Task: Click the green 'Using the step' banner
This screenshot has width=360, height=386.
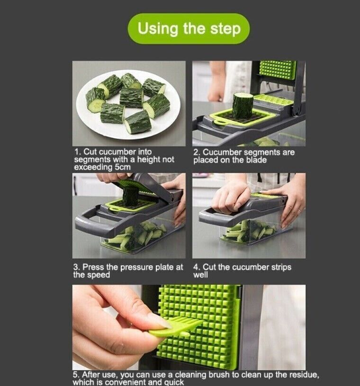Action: pyautogui.click(x=189, y=29)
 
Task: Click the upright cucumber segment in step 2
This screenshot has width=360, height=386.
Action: pyautogui.click(x=243, y=105)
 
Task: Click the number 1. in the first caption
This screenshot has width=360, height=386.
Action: pyautogui.click(x=78, y=152)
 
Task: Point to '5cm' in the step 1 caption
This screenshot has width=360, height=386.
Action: pyautogui.click(x=122, y=167)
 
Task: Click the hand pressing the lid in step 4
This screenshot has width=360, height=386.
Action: pyautogui.click(x=231, y=197)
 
